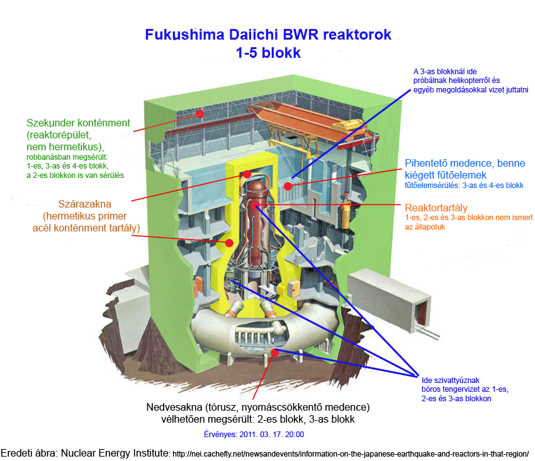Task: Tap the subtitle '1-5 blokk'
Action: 268,53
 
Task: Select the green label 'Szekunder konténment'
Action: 78,123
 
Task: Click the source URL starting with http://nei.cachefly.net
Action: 349,453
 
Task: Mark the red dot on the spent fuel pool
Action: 288,186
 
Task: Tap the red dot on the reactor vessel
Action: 255,205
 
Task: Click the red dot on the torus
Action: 274,352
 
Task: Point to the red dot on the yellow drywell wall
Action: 230,242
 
